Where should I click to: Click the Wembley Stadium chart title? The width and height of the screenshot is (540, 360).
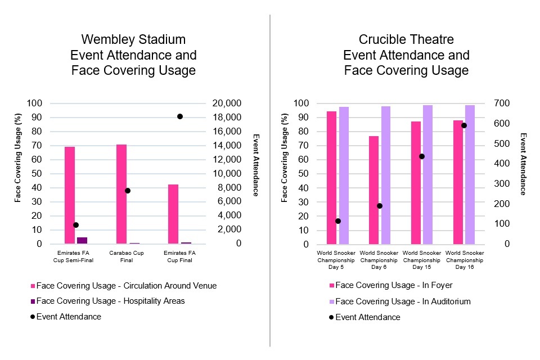133,55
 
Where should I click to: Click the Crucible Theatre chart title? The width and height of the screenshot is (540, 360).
406,55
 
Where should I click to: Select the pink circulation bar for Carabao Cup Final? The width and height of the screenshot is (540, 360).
121,194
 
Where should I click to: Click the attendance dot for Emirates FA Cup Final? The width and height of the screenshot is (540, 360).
180,116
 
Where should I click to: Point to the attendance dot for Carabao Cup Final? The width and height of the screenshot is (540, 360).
128,191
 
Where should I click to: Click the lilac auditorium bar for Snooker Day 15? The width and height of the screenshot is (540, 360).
427,174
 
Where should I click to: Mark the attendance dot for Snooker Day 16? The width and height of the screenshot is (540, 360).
464,125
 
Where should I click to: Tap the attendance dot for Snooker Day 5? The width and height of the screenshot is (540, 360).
338,221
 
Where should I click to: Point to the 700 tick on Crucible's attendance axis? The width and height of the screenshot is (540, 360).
501,103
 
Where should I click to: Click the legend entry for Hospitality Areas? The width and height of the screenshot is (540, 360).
110,301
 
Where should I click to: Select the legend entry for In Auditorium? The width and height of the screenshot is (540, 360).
403,301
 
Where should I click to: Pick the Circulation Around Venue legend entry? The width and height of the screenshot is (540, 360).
126,286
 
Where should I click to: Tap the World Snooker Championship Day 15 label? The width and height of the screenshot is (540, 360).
422,260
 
